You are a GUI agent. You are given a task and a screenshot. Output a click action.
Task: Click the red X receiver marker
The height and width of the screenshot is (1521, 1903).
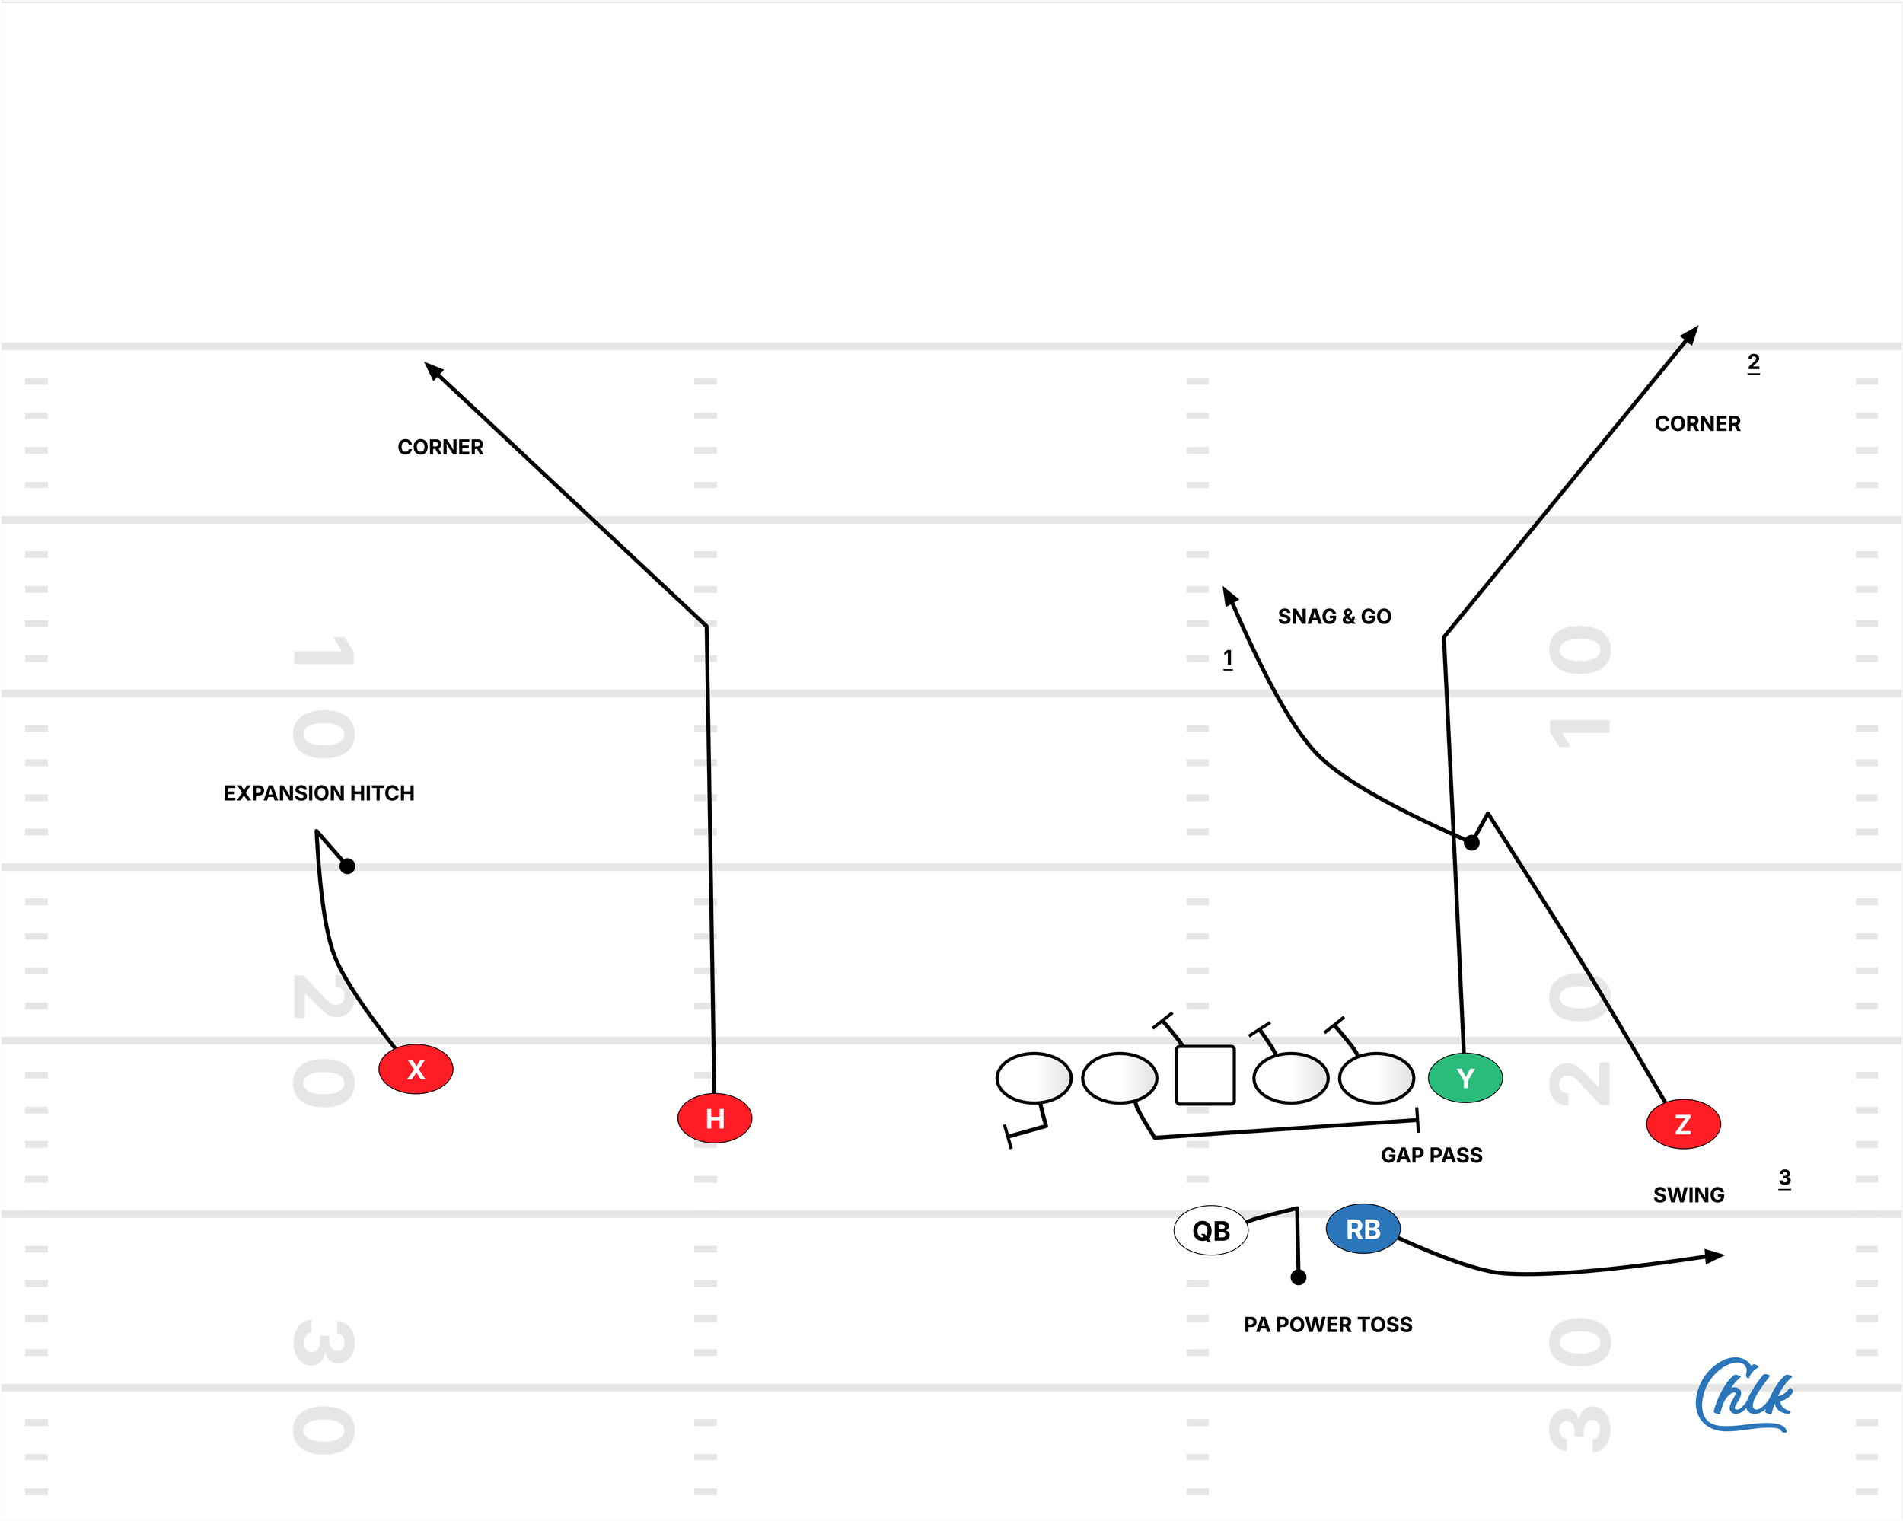tap(416, 1069)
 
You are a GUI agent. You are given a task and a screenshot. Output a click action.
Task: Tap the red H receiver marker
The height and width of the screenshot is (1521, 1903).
tap(714, 1118)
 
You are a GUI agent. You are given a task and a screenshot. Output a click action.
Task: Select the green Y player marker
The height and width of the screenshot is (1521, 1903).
tap(1465, 1078)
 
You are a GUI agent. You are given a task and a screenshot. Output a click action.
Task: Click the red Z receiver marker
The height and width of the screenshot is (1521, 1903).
tap(1683, 1124)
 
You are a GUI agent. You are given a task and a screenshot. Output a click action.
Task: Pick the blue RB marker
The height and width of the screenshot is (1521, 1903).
tap(1363, 1229)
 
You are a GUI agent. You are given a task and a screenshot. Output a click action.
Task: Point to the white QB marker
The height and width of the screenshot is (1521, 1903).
tap(1211, 1230)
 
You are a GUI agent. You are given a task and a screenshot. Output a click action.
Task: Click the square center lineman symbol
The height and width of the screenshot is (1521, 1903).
tap(1205, 1075)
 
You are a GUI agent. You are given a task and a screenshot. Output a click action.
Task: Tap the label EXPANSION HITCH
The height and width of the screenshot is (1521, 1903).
tap(319, 792)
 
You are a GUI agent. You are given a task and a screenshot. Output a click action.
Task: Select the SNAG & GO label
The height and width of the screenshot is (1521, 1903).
tap(1334, 616)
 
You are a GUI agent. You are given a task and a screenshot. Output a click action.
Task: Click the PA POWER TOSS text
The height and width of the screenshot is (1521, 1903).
tap(1328, 1324)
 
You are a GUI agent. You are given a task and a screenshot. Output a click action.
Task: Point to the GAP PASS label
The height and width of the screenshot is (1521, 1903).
tap(1431, 1155)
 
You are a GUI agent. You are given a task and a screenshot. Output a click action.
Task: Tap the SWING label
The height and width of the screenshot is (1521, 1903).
tap(1688, 1194)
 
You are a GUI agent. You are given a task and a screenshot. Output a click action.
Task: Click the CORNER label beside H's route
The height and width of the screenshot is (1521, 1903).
tap(441, 447)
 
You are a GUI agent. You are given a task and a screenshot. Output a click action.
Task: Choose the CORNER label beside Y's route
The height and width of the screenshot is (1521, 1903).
tap(1697, 424)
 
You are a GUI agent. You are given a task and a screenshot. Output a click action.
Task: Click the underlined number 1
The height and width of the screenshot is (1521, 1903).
tap(1228, 658)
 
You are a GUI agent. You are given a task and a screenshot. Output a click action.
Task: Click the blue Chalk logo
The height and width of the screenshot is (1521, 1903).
tap(1742, 1395)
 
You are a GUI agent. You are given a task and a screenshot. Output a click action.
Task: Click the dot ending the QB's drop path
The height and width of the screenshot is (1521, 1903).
tap(1299, 1277)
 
